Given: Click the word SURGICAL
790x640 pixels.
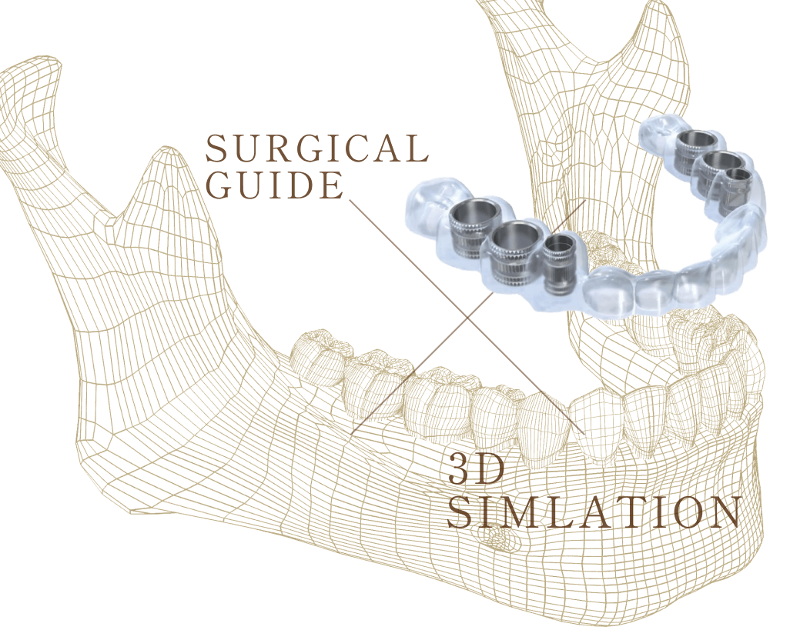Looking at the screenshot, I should pyautogui.click(x=316, y=149).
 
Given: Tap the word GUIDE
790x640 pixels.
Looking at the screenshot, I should pyautogui.click(x=274, y=185).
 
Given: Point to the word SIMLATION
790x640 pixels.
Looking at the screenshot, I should pyautogui.click(x=594, y=513).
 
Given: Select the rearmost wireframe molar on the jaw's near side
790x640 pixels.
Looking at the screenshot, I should pyautogui.click(x=317, y=354).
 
